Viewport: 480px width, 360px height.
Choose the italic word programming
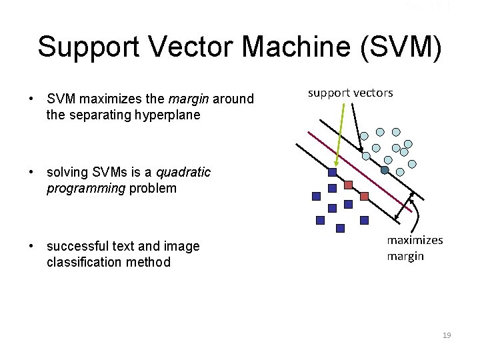point(85,188)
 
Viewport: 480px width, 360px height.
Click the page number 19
point(446,335)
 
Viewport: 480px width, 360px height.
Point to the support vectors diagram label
point(350,93)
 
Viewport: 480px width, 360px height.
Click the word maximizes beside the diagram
point(415,240)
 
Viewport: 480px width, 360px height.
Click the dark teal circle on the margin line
point(385,170)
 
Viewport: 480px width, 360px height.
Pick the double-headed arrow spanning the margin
point(405,205)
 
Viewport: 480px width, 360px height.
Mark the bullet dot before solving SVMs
point(31,172)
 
